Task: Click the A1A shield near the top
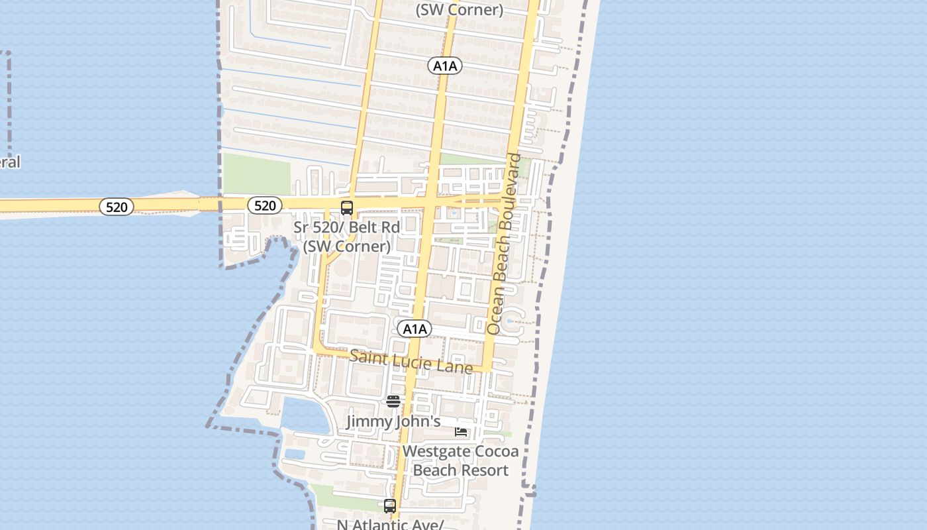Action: point(444,66)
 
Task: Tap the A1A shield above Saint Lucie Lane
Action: point(415,329)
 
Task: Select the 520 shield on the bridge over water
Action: point(117,207)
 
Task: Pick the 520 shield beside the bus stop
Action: point(265,205)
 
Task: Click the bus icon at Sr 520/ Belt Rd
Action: point(347,207)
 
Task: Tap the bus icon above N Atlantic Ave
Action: point(390,506)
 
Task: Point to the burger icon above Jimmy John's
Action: point(393,401)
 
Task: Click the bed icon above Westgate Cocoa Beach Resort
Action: point(461,432)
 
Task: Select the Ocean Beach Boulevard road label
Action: point(505,244)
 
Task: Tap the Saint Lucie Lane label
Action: point(411,362)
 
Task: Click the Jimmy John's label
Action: point(393,421)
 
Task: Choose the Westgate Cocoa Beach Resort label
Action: point(460,461)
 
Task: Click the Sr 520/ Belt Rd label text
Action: point(347,227)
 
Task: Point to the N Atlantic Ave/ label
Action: point(389,525)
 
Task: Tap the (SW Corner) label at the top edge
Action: point(459,10)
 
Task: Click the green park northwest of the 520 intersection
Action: point(257,174)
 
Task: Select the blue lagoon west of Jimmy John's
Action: point(306,414)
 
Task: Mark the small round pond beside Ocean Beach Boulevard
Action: point(511,323)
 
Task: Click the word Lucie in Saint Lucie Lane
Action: point(416,362)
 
